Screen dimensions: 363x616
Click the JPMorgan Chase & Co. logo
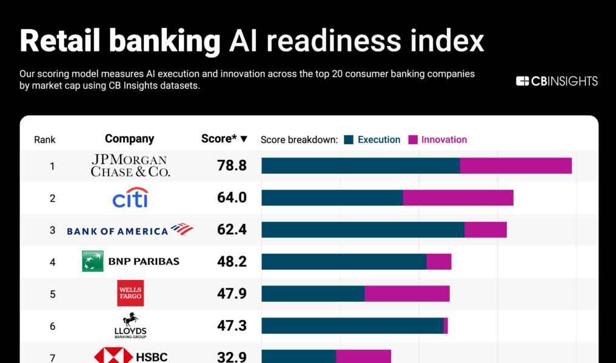[x=130, y=165]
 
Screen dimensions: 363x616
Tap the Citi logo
[x=130, y=198]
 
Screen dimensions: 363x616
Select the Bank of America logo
[x=130, y=230]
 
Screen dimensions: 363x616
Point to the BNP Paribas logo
[x=130, y=262]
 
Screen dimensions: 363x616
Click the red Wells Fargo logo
[x=130, y=293]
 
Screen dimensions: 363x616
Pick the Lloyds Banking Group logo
[x=130, y=325]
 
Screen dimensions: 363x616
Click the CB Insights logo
[x=557, y=81]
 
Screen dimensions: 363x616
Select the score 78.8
[x=232, y=165]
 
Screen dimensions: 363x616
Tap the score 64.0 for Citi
[x=232, y=198]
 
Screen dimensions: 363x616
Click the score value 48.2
[x=232, y=262]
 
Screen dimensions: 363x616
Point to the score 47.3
[x=232, y=326]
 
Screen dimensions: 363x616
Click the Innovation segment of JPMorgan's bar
[x=515, y=165]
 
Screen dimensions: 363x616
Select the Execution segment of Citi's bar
[x=332, y=198]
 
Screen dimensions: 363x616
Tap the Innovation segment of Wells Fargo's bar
[x=407, y=294]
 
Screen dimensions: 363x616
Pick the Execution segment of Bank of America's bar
[x=363, y=230]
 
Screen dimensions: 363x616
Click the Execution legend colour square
[x=349, y=139]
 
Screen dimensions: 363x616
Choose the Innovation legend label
[x=444, y=139]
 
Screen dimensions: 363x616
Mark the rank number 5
[x=53, y=294]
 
